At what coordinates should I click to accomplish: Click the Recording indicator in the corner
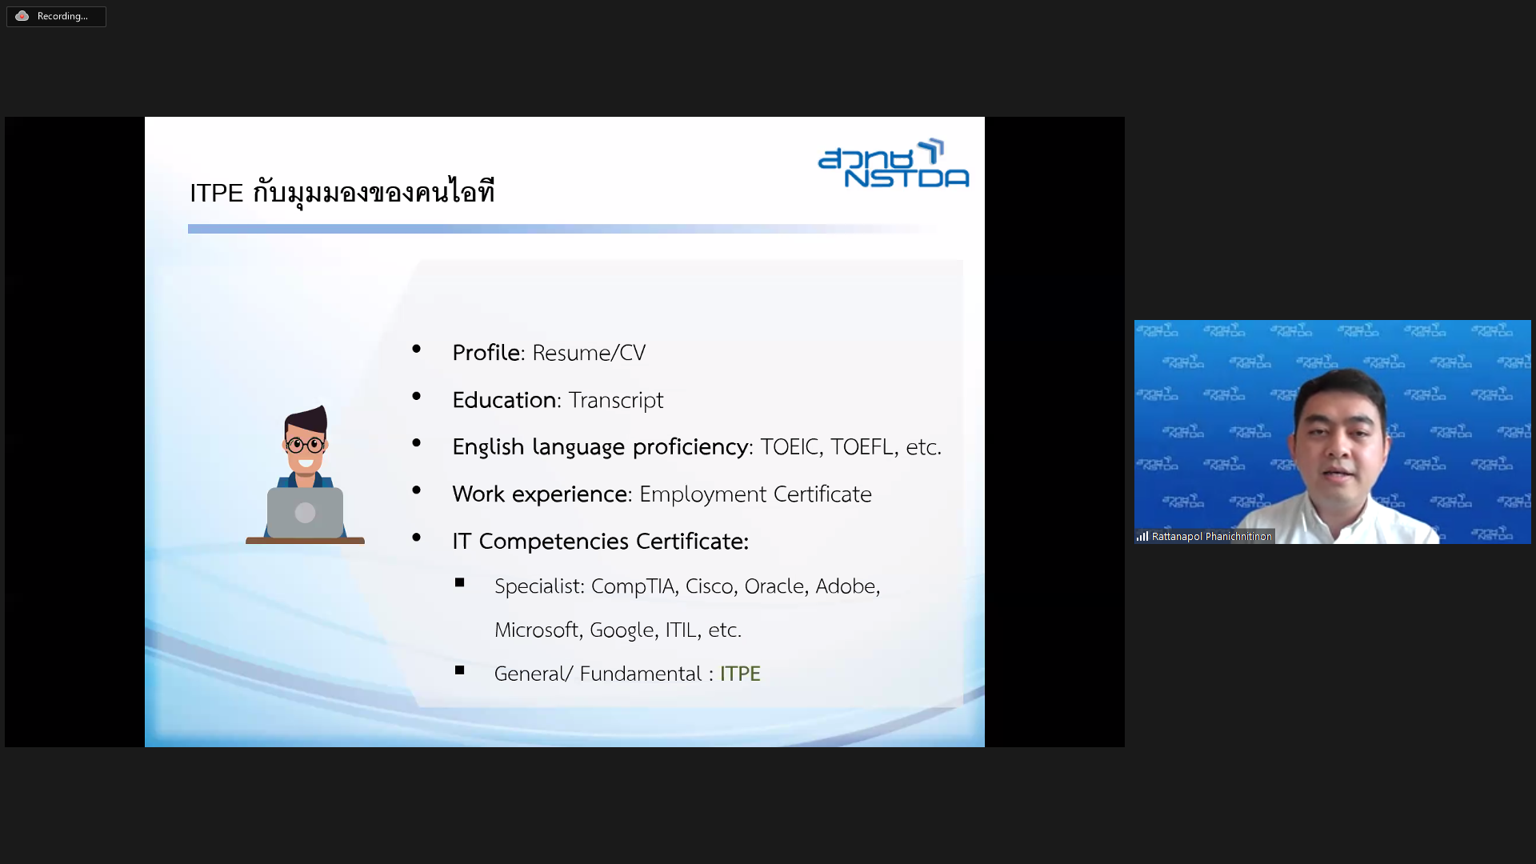(56, 16)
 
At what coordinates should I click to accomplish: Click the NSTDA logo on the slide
(894, 163)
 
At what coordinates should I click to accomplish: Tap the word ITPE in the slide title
(216, 194)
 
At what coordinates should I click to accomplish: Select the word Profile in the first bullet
(486, 353)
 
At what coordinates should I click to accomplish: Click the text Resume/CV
(589, 353)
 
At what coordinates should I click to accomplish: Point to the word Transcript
(616, 400)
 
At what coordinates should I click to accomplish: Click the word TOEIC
(790, 446)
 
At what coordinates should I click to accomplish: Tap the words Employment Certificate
(755, 494)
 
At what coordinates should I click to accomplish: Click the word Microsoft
(536, 630)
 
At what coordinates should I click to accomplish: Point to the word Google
(622, 630)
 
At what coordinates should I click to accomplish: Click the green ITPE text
(740, 674)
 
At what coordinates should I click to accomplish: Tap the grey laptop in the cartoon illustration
(305, 513)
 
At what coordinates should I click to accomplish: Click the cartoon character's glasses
(305, 444)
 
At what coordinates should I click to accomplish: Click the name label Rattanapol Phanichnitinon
(1211, 537)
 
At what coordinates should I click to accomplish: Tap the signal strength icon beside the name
(1142, 537)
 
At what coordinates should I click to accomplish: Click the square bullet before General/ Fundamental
(460, 670)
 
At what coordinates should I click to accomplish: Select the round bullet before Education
(417, 396)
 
